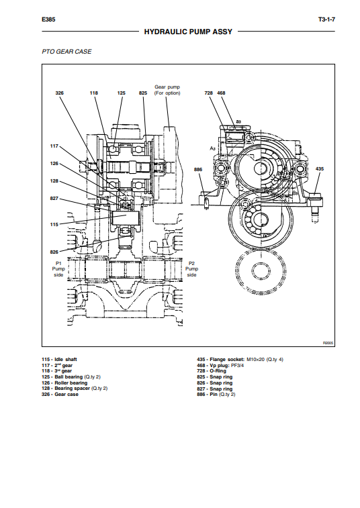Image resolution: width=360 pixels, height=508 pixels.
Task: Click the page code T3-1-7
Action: (326, 19)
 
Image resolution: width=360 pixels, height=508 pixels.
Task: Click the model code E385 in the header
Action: (48, 19)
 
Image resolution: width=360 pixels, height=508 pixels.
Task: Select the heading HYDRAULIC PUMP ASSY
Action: (188, 32)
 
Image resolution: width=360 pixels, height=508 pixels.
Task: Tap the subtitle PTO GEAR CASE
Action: (66, 52)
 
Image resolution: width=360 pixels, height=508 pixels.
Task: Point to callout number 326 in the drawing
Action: (59, 93)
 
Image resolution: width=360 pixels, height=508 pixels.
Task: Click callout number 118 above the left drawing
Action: (94, 93)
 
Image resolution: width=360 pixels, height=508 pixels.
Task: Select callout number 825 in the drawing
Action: (143, 93)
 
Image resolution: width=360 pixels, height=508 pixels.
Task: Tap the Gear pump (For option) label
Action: (167, 90)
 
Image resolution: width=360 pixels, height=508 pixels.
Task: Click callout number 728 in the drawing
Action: (208, 93)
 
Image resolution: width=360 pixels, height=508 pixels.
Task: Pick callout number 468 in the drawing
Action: (221, 93)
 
